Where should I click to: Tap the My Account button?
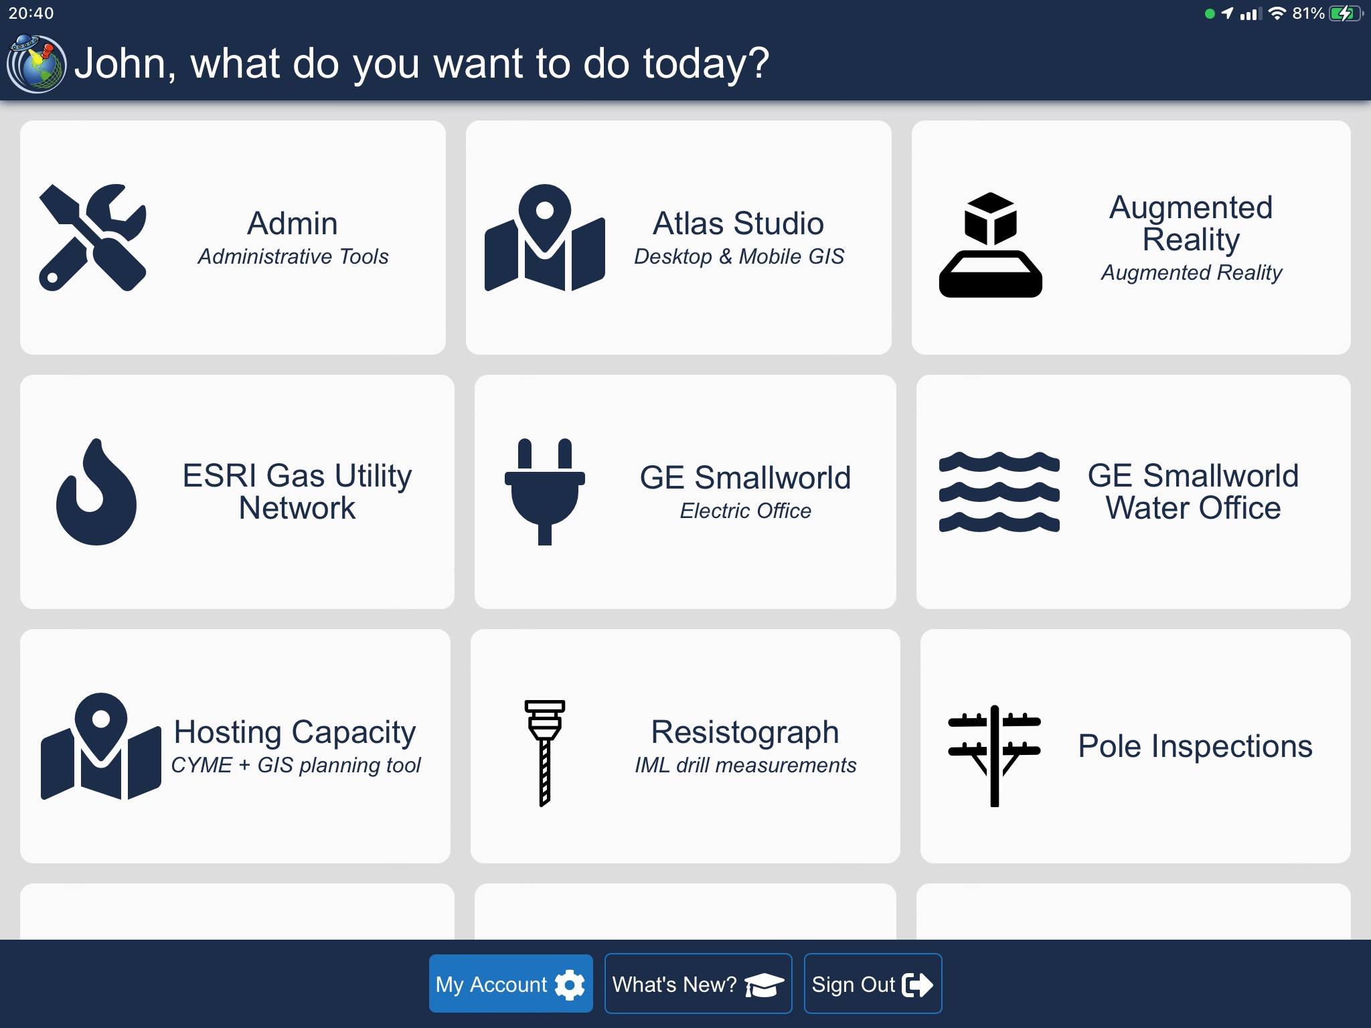511,983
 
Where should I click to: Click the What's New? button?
698,983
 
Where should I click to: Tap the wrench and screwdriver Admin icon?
93,238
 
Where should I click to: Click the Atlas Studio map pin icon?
545,238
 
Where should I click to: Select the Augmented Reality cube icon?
991,244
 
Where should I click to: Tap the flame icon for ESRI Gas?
96,492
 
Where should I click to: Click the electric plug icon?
545,492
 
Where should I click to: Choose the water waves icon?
999,492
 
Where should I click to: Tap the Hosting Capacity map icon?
101,746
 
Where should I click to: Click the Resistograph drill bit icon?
545,753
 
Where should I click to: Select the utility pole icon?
995,756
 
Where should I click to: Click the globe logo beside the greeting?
36,64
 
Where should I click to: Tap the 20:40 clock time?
31,13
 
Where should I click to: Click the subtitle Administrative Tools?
293,256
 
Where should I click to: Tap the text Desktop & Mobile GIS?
739,256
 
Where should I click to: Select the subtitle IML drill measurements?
746,765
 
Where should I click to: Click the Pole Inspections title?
1196,746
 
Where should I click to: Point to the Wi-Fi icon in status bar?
1277,13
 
